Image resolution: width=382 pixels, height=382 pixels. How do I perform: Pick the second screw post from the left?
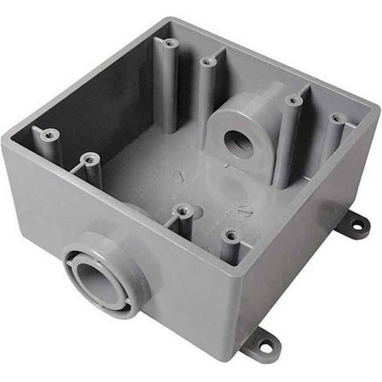pyautogui.click(x=89, y=158)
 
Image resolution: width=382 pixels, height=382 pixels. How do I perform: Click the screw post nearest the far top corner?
pyautogui.click(x=170, y=43)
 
